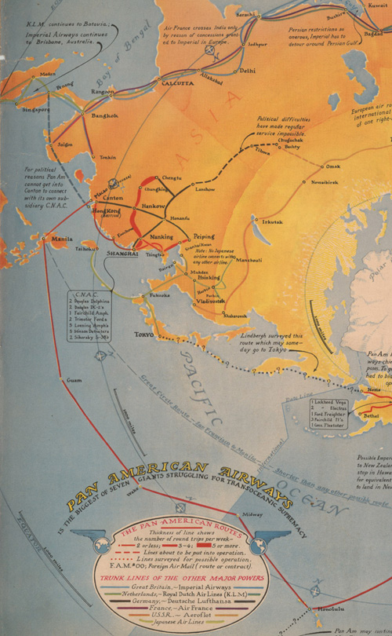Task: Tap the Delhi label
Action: (247, 71)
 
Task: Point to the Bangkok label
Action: (103, 115)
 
